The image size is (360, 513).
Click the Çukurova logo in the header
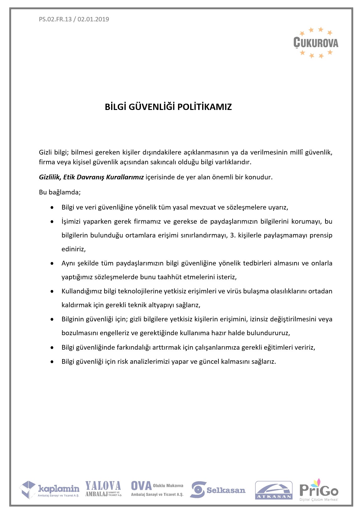316,43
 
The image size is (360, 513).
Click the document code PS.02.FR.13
55,19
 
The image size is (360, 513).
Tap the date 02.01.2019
93,19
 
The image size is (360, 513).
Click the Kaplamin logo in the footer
50,490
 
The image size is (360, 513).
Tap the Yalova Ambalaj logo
103,489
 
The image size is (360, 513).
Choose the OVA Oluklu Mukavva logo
157,489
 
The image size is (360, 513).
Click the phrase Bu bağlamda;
60,192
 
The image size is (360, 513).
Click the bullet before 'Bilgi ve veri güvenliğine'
52,208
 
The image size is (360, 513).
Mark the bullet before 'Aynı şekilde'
52,263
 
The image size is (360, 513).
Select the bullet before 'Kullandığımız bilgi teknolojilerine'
52,291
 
